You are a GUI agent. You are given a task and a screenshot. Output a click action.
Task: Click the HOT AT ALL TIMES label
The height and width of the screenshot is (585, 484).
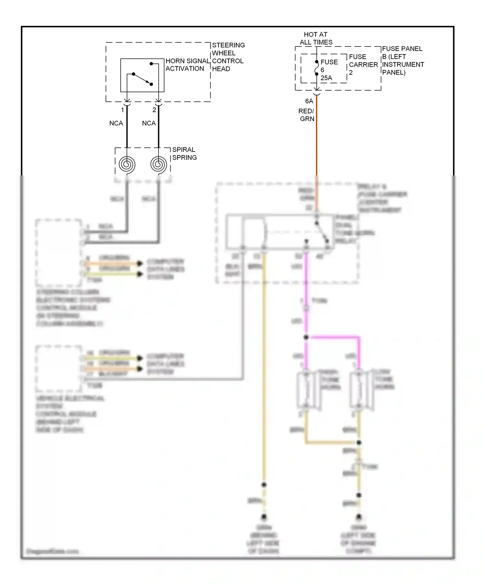316,38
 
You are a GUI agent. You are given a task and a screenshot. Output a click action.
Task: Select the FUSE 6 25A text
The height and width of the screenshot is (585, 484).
329,70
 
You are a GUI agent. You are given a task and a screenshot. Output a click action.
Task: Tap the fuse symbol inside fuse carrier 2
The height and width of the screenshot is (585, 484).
317,68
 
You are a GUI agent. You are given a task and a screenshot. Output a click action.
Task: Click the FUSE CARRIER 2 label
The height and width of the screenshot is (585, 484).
363,64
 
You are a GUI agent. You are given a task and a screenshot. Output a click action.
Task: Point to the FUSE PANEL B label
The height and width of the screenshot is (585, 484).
403,61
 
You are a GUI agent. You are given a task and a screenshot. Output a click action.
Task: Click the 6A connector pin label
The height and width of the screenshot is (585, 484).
309,101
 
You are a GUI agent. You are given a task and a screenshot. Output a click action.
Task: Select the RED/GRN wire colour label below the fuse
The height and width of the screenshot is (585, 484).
307,115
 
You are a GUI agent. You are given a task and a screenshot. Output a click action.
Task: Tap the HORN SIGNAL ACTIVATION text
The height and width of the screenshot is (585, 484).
187,65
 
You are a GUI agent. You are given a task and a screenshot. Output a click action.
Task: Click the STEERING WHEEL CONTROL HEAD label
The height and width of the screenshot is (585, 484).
228,57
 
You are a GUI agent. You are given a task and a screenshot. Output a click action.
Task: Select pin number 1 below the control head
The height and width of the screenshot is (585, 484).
123,110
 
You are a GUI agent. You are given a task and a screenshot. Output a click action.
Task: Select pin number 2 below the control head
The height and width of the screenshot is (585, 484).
154,110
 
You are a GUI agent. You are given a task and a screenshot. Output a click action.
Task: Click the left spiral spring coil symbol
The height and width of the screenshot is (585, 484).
127,164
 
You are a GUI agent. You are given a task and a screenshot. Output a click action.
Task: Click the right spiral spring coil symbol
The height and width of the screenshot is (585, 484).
158,164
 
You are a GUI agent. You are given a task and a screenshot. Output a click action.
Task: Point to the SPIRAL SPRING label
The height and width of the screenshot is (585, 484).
184,154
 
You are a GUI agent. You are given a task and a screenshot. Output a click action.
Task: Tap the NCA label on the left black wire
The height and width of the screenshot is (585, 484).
116,123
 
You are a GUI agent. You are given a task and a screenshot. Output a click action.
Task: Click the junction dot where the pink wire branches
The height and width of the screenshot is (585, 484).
306,337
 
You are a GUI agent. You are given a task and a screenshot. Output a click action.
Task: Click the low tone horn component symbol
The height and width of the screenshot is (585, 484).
359,390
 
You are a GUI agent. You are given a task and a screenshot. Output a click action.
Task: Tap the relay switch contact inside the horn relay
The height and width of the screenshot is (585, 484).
322,232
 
